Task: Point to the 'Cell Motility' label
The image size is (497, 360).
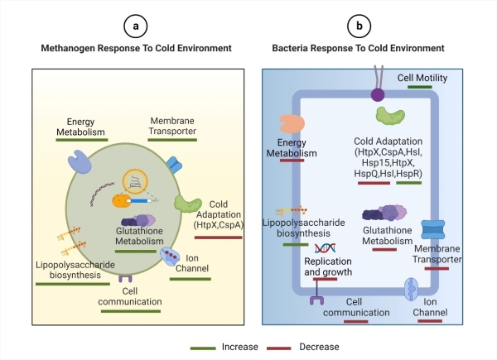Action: click(422, 79)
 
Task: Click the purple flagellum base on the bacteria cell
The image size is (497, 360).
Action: click(377, 94)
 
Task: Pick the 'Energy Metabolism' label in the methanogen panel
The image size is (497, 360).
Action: click(82, 124)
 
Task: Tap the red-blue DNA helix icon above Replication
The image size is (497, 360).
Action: click(325, 246)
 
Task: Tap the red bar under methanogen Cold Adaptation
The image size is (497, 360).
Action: click(218, 237)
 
